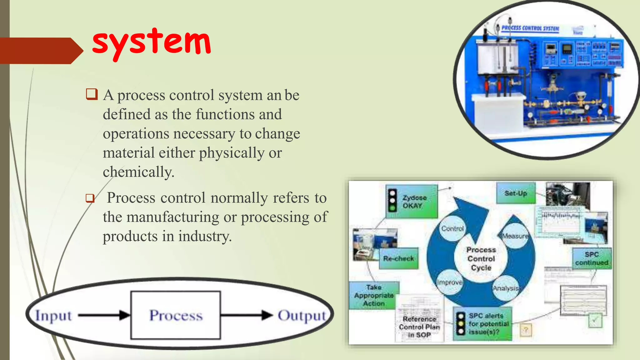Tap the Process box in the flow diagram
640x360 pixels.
(176, 315)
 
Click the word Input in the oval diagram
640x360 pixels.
(53, 316)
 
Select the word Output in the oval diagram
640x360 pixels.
(302, 316)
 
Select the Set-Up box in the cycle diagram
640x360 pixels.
(516, 193)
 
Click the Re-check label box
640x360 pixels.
(398, 258)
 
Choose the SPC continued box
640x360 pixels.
(592, 258)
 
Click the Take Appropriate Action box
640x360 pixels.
(373, 295)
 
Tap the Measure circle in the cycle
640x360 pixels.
(515, 236)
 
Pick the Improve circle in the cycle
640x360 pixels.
(449, 282)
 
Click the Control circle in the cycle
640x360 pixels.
(452, 228)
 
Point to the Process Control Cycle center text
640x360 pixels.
(481, 259)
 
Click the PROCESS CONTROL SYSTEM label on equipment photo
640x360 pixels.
(530, 28)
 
